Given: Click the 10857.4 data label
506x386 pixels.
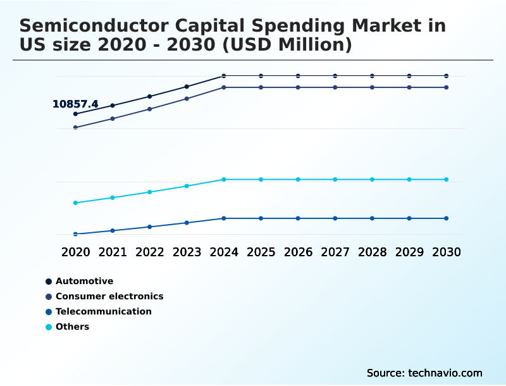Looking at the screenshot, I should coord(75,104).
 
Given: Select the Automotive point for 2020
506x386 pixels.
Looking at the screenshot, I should coord(75,114).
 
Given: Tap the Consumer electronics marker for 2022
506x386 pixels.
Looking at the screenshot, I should coord(150,109).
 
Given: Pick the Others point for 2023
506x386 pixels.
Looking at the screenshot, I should coord(187,186).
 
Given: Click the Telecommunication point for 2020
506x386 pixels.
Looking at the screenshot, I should coord(75,234).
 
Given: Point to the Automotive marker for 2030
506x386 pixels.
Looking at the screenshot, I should coord(446,76).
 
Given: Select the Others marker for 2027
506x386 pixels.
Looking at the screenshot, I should coord(335,180).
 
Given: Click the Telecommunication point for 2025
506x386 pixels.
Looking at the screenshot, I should coord(261,218).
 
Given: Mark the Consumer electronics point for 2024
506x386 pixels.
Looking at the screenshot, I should coord(224,87).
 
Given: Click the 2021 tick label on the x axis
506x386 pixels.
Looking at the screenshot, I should coord(113,252).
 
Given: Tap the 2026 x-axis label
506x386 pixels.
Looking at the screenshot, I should coord(298,252).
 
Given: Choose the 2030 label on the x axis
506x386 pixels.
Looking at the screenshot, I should coord(446,252).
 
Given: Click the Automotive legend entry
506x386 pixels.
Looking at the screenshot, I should coord(84,281).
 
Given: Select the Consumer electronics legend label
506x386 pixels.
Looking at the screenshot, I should coord(109,296).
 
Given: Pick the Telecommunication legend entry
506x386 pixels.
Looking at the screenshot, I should coord(104,311).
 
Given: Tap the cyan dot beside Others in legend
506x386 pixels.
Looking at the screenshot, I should coord(49,327).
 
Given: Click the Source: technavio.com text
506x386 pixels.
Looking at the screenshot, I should coord(424,373).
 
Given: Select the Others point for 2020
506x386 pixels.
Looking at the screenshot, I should coord(75,203).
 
